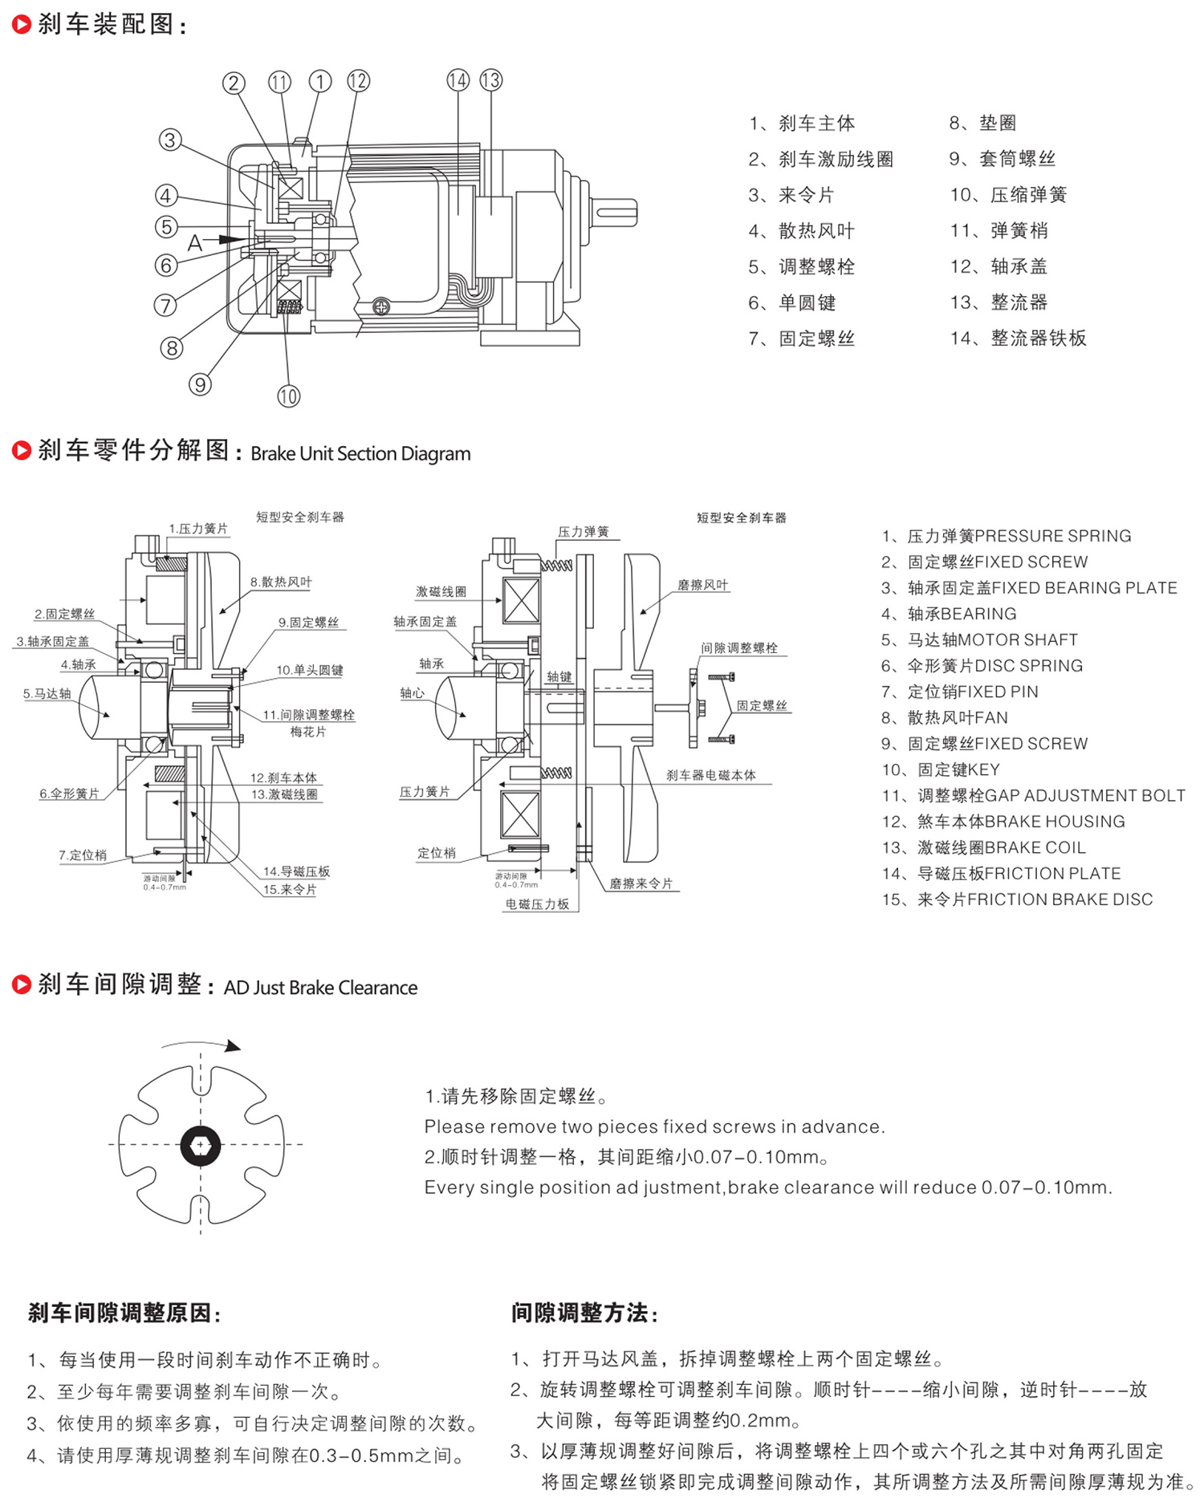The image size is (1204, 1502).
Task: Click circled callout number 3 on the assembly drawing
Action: pos(169,140)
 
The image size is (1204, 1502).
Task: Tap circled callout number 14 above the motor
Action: pos(458,80)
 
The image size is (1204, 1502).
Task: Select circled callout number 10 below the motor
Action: pos(288,396)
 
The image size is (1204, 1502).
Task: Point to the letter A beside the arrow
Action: pos(194,243)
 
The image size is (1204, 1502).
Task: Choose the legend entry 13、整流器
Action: pos(999,302)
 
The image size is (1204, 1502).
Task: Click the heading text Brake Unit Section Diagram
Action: pos(360,453)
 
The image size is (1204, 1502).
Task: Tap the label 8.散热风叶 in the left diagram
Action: pos(281,582)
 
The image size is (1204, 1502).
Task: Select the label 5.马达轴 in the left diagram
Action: pos(47,693)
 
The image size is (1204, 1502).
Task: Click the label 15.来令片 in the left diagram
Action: pos(290,890)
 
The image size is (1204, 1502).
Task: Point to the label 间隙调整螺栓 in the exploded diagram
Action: pos(738,647)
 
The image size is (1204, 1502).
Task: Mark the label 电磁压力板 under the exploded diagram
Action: pos(537,904)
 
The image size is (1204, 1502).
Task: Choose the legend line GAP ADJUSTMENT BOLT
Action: pos(1033,796)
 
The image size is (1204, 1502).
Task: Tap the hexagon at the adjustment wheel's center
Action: pos(200,1145)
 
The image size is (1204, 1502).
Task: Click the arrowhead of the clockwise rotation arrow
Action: pos(233,1046)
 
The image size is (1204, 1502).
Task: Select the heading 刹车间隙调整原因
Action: pos(124,1313)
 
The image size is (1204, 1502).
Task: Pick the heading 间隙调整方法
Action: pos(584,1313)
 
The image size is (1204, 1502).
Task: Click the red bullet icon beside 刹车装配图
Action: pos(22,25)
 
